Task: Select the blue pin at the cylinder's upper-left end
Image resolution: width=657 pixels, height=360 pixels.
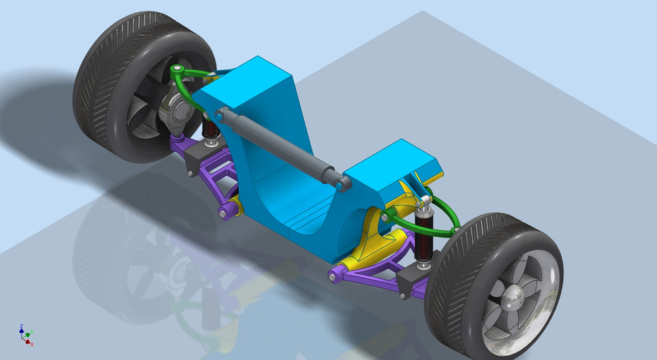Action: [223, 113]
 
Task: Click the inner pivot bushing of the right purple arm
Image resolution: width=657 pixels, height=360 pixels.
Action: [335, 277]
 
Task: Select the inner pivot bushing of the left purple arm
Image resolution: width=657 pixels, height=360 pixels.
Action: [224, 214]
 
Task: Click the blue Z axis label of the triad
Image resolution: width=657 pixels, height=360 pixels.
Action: [22, 326]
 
